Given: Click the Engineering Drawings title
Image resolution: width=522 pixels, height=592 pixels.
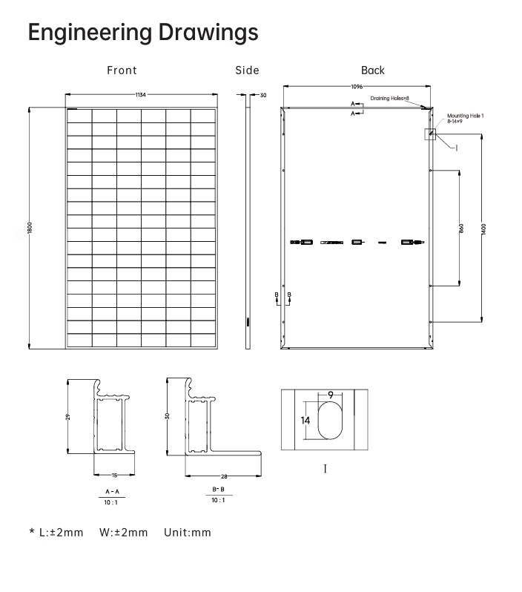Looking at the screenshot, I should point(143,33).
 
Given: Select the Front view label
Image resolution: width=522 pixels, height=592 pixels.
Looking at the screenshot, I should point(122,70).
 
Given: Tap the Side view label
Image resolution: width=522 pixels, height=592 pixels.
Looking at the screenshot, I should point(247,70).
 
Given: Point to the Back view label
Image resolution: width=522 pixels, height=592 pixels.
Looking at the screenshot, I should point(373,70).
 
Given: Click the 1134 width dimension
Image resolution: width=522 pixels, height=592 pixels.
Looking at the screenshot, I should point(141,95).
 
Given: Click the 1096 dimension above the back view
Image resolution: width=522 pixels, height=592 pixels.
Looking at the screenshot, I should point(357,87).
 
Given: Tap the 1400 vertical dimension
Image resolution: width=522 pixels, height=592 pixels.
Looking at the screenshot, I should point(483,228).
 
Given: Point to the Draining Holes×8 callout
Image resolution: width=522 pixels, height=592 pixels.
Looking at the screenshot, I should point(390,98).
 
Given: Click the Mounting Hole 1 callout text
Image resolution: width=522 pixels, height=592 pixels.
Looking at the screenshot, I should point(465,116).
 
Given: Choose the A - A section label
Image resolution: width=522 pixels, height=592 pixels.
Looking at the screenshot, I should point(112,491).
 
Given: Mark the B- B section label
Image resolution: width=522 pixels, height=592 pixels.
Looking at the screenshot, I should point(218,490).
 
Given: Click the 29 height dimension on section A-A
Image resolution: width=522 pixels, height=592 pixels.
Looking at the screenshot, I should point(68,417).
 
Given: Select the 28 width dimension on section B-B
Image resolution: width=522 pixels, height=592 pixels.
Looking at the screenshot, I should point(222,476).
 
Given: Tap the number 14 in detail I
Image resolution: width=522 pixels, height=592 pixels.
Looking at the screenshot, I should point(305,421).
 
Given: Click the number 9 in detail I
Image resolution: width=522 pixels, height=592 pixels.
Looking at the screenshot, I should point(330,395).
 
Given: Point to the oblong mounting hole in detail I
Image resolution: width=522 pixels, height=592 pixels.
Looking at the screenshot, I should point(331,420).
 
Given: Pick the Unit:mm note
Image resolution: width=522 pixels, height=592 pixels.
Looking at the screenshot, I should point(188,533).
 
